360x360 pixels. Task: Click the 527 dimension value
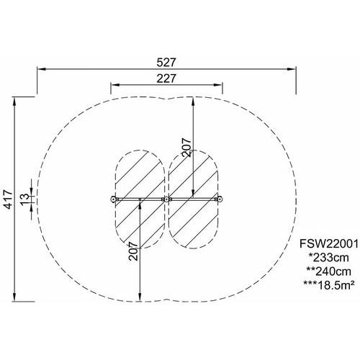(166, 63)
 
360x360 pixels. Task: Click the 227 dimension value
(166, 78)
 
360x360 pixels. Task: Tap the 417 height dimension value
(9, 199)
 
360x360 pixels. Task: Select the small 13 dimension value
(24, 199)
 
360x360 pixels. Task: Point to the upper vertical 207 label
(186, 148)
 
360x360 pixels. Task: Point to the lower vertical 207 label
(133, 251)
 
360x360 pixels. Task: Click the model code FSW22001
(329, 244)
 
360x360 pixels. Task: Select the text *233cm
(328, 258)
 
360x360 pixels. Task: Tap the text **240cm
(328, 271)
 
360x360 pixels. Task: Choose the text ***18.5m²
(328, 285)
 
